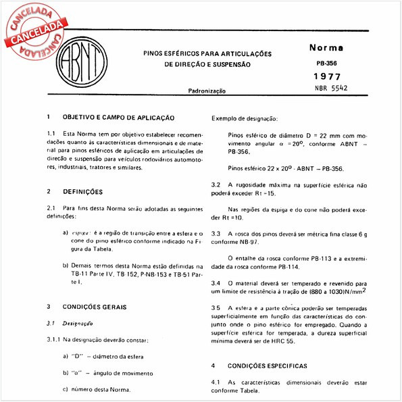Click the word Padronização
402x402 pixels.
[207, 90]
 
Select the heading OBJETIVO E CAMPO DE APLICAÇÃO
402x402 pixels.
[119, 118]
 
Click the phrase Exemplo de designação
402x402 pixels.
[245, 118]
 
